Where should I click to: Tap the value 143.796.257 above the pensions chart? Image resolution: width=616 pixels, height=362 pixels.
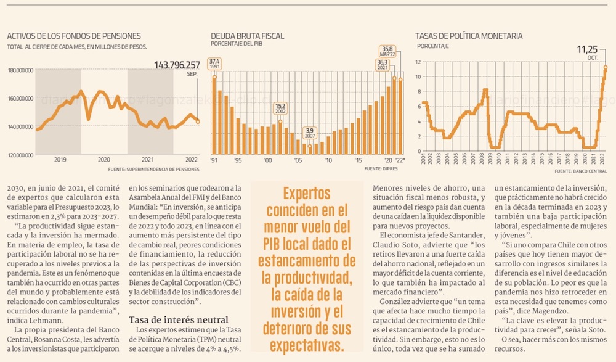click(x=177, y=65)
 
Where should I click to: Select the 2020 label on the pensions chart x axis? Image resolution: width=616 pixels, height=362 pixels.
click(x=103, y=160)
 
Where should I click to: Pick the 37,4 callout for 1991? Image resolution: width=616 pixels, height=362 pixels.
click(x=214, y=64)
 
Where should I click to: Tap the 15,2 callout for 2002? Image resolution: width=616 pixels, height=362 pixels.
click(x=280, y=109)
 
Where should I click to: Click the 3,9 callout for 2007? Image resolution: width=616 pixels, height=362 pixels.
click(x=310, y=133)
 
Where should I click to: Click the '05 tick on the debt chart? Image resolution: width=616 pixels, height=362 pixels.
click(x=298, y=160)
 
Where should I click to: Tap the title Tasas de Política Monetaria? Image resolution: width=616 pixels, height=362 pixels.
click(x=469, y=36)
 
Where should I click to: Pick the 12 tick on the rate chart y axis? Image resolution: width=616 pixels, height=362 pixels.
click(x=418, y=62)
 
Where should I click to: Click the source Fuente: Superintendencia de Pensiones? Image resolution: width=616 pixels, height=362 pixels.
click(x=153, y=168)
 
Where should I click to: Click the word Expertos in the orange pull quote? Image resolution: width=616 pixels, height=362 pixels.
click(x=308, y=193)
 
